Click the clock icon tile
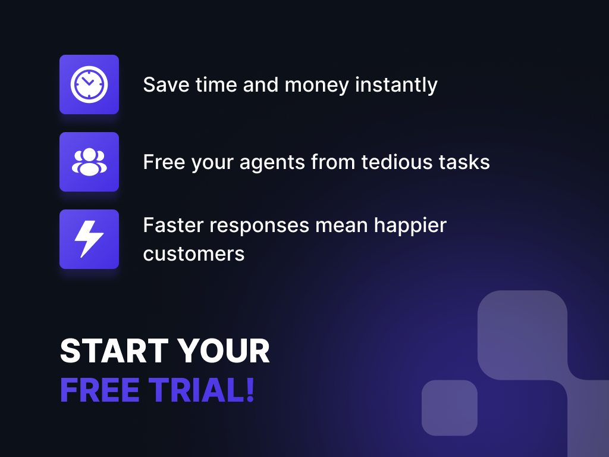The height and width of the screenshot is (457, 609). tap(89, 84)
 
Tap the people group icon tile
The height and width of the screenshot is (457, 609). tap(89, 162)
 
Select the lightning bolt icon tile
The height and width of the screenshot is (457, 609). tap(89, 239)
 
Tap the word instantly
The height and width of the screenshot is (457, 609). tap(396, 85)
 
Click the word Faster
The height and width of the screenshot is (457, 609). tap(173, 226)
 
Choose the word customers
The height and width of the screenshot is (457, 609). tap(194, 254)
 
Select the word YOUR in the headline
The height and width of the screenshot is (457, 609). tap(224, 351)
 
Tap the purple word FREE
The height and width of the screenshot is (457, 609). tap(100, 390)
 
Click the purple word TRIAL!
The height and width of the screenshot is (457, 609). tap(202, 390)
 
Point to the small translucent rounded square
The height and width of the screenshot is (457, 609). tap(450, 408)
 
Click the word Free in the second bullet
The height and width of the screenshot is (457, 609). tap(164, 162)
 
